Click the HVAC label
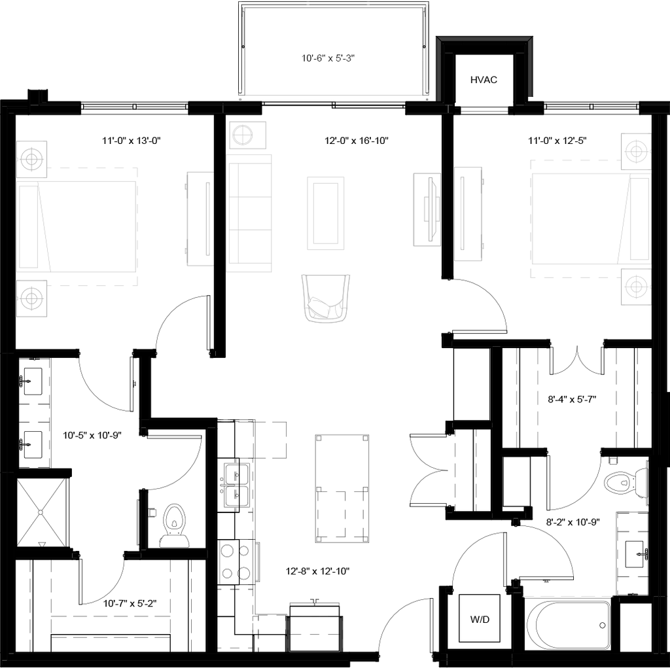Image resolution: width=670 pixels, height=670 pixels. [x=484, y=80]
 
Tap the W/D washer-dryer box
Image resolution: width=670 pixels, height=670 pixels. [x=480, y=618]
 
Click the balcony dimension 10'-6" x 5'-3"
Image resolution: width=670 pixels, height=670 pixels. [x=328, y=58]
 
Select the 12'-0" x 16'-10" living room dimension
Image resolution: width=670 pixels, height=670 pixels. [x=357, y=141]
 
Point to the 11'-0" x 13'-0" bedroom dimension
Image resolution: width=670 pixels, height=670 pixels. [x=131, y=141]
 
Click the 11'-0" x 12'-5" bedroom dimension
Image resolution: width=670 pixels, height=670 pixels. [x=557, y=141]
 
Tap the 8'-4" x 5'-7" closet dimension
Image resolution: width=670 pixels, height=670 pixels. [x=572, y=400]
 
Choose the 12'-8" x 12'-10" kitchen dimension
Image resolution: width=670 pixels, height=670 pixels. [x=317, y=571]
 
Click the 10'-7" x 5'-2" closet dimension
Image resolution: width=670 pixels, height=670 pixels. [x=130, y=603]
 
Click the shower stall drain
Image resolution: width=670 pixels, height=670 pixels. [x=41, y=512]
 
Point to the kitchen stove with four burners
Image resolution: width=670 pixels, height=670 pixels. [x=235, y=562]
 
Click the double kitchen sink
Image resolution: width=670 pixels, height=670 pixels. [x=234, y=485]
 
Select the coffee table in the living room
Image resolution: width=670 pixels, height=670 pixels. [x=326, y=213]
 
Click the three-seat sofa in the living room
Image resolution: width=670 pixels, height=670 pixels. [x=250, y=213]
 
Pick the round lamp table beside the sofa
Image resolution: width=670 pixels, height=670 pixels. [x=248, y=135]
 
